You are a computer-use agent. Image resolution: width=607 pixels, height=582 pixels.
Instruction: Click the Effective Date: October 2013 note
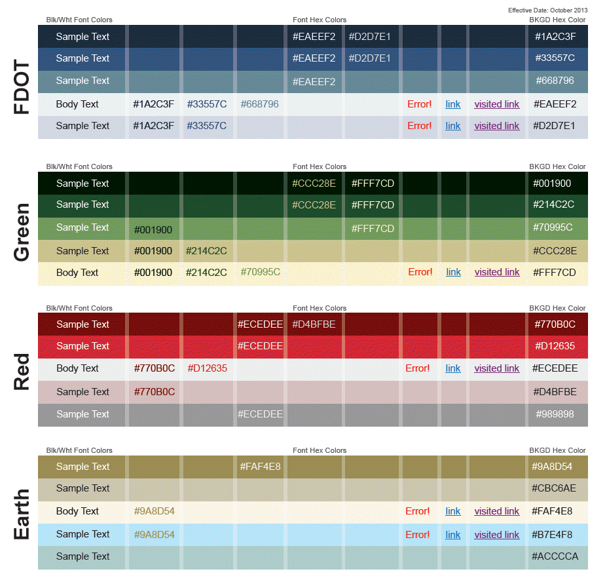pyautogui.click(x=547, y=10)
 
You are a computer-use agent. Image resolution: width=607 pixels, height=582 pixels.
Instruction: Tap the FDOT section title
pyautogui.click(x=22, y=87)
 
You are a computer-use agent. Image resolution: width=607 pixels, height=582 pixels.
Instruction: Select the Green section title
pyautogui.click(x=22, y=232)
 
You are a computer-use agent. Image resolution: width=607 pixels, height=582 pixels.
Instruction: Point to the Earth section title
pyautogui.click(x=22, y=514)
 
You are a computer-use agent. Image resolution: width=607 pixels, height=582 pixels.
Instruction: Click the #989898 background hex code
pyautogui.click(x=555, y=414)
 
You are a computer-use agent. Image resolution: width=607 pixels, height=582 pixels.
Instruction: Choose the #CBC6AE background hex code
pyautogui.click(x=555, y=488)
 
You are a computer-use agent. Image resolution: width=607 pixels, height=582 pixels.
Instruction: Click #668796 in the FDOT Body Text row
pyautogui.click(x=260, y=104)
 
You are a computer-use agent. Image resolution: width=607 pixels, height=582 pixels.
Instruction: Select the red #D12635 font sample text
pyautogui.click(x=207, y=368)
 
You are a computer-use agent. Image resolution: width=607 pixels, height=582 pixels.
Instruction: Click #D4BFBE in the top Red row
pyautogui.click(x=314, y=324)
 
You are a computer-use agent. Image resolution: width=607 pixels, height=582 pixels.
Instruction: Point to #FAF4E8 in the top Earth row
pyautogui.click(x=260, y=467)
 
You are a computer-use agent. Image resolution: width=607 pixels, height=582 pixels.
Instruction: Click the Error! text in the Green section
pyautogui.click(x=420, y=272)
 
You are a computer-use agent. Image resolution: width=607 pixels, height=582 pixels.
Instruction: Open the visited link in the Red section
pyautogui.click(x=497, y=368)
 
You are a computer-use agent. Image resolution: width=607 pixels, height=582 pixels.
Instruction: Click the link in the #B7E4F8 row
pyautogui.click(x=453, y=535)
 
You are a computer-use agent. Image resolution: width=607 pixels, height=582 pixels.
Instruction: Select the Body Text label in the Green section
pyautogui.click(x=77, y=273)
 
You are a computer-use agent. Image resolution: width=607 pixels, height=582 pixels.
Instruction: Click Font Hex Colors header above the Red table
pyautogui.click(x=320, y=308)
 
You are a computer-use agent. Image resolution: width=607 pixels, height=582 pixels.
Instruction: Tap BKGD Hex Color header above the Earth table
pyautogui.click(x=557, y=450)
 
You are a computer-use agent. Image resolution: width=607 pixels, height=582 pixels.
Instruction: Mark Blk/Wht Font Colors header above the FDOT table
pyautogui.click(x=79, y=20)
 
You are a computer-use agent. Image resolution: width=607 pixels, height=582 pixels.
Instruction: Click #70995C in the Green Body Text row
pyautogui.click(x=260, y=272)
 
